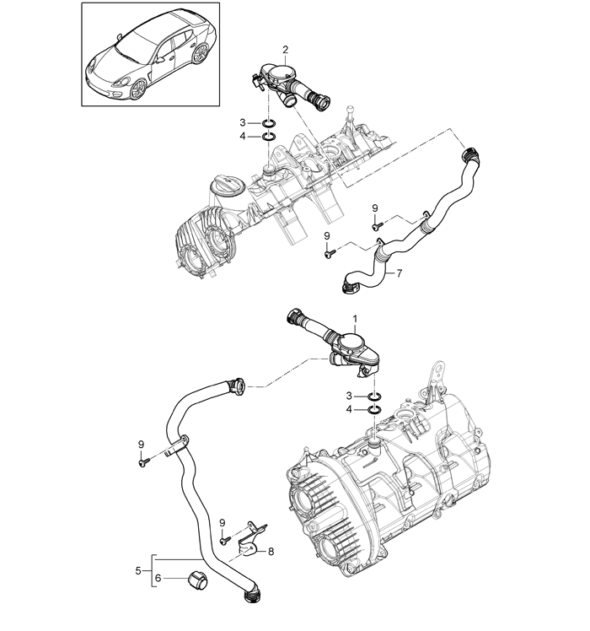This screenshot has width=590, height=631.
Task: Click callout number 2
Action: click(x=285, y=50)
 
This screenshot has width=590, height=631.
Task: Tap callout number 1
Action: click(x=355, y=319)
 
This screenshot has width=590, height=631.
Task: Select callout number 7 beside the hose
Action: click(x=399, y=273)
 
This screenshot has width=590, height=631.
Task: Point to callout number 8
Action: click(x=271, y=552)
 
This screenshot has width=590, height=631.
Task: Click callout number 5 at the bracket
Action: click(x=138, y=570)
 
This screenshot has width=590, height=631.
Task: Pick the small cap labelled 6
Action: click(x=197, y=578)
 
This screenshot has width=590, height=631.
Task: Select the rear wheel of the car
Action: click(x=200, y=53)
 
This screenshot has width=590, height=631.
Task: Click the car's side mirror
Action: click(x=161, y=60)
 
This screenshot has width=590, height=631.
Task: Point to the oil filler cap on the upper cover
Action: click(x=228, y=186)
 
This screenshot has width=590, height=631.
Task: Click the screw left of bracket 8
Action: click(x=225, y=540)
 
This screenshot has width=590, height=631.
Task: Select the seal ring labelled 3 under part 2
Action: click(x=269, y=122)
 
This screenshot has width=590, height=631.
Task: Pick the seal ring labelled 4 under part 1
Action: click(x=374, y=410)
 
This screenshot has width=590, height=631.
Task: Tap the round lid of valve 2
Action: click(x=280, y=74)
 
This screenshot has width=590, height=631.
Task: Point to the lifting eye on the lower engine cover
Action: click(x=437, y=374)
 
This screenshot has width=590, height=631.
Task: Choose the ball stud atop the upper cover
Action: click(x=351, y=110)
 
